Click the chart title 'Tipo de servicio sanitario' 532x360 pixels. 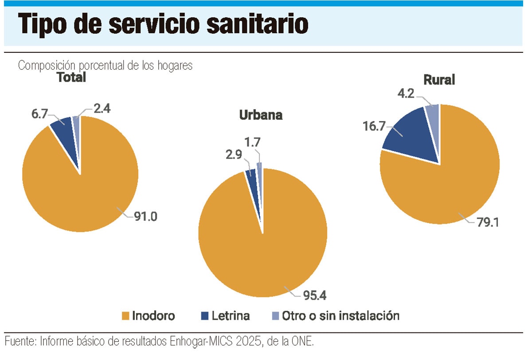(x=163, y=24)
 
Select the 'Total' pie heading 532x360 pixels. (x=71, y=78)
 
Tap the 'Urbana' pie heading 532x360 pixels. (x=261, y=115)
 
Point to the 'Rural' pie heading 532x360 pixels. (x=439, y=79)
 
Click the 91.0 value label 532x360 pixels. (x=145, y=216)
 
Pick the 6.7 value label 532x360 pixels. (x=39, y=114)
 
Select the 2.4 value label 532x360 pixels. (x=102, y=109)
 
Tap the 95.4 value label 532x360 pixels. (x=315, y=296)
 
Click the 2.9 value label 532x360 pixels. (x=234, y=155)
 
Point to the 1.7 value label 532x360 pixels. (x=252, y=142)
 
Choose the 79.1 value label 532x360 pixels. (x=488, y=223)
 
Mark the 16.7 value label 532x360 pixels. (x=374, y=126)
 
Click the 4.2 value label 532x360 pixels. (x=406, y=93)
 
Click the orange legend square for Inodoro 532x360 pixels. (x=125, y=316)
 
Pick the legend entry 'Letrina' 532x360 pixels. (x=225, y=316)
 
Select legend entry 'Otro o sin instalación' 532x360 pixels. (x=335, y=316)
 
